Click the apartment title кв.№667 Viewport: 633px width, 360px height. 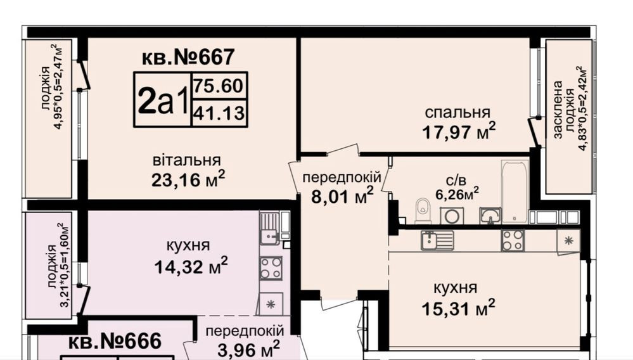188,57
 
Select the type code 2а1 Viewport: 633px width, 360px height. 162,100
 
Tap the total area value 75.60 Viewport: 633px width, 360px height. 219,86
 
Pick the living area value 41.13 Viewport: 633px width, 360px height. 219,113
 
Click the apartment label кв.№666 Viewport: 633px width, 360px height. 115,342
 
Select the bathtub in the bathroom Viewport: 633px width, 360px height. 515,190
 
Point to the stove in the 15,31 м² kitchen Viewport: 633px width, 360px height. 513,240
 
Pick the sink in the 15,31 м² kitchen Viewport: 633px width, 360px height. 437,240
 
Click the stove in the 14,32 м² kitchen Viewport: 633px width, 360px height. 271,268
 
